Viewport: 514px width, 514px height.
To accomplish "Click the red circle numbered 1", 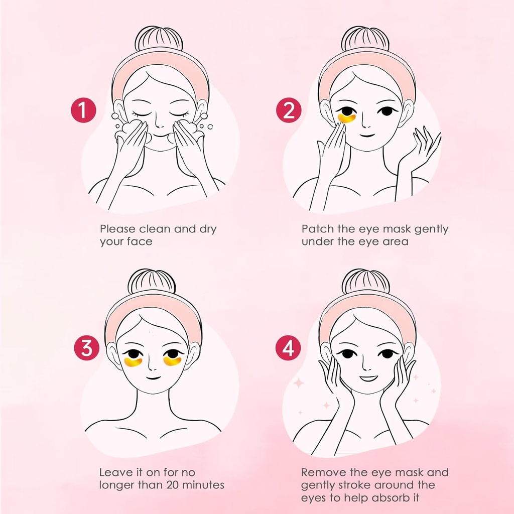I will click(83, 111).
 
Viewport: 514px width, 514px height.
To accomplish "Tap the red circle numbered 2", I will click(289, 111).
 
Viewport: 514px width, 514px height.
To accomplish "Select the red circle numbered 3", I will click(86, 348).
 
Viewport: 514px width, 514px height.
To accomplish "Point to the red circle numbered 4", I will click(288, 348).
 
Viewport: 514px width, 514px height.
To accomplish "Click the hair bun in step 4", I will click(365, 282).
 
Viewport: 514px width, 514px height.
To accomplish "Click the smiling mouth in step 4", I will click(368, 377).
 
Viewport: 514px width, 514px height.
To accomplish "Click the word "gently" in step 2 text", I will click(430, 229).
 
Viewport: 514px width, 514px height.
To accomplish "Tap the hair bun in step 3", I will click(152, 282).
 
